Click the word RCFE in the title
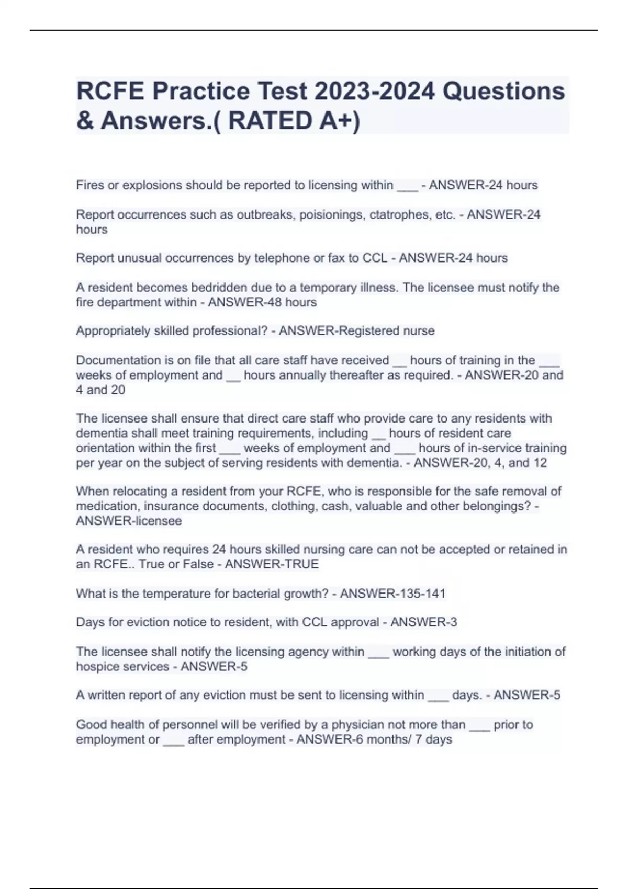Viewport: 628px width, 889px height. [x=110, y=91]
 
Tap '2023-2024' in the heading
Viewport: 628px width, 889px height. [x=374, y=91]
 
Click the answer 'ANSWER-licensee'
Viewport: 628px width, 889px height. [x=129, y=521]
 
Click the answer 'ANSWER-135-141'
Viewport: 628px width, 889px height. [x=392, y=594]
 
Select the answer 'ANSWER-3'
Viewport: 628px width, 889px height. [x=423, y=622]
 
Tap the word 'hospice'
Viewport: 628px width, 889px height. [x=98, y=667]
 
